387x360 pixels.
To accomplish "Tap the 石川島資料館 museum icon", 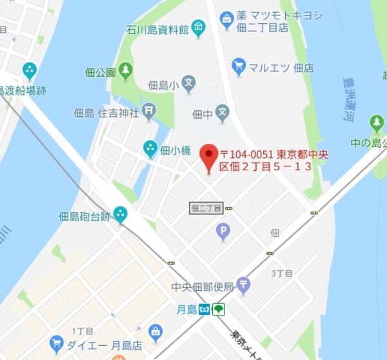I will pos(198,28).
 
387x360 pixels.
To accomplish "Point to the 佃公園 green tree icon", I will pos(126,72).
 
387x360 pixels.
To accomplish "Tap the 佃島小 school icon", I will pos(188,83).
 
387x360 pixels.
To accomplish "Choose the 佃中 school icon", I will pos(223,114).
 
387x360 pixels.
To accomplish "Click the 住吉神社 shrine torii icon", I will pos(150,113).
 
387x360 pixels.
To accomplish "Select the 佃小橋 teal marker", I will pos(150,150).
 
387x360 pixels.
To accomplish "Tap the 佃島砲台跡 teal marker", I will pos(121,215).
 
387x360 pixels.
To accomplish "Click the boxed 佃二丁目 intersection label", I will pos(206,208).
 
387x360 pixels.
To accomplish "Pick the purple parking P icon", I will pos(223,231).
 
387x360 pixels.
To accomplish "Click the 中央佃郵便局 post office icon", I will pos(243,285).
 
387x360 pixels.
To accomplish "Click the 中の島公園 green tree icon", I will pos(377,123).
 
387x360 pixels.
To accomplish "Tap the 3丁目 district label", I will pos(282,274).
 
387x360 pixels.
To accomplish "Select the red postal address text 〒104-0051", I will pos(248,155).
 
